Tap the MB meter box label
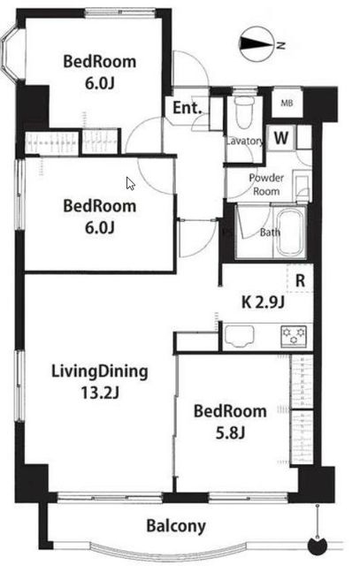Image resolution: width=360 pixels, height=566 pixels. (287, 103)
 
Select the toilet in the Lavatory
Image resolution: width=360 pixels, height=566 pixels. (244, 112)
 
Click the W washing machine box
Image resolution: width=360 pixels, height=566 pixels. (281, 138)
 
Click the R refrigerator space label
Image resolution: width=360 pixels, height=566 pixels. (300, 280)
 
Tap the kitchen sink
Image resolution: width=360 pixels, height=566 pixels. (239, 336)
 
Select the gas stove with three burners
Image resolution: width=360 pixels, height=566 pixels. (294, 336)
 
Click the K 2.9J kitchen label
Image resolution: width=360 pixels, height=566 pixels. (263, 302)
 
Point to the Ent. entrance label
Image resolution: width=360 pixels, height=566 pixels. (187, 108)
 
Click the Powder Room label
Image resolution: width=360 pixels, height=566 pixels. (266, 185)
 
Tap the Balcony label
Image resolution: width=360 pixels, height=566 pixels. (176, 526)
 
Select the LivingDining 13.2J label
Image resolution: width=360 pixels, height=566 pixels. (100, 381)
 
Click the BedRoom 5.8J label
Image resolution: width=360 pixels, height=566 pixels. (230, 422)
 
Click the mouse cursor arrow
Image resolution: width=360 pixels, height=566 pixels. (130, 183)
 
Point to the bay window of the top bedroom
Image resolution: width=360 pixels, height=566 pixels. (9, 56)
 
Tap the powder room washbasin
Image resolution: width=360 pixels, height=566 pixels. (302, 185)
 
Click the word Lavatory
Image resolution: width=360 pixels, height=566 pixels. (245, 141)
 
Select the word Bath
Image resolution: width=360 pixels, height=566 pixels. (270, 232)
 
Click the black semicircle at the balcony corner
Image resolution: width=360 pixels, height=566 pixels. (318, 547)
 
